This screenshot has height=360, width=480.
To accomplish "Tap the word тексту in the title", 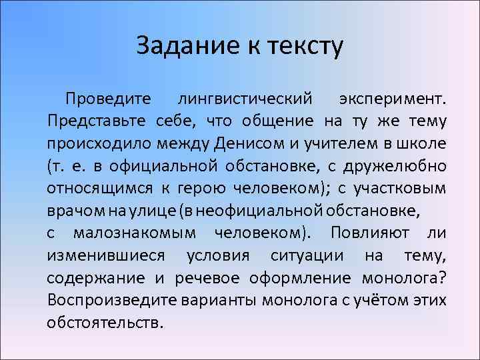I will pyautogui.click(x=305, y=47).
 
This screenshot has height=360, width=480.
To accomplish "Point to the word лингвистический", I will pyautogui.click(x=245, y=99).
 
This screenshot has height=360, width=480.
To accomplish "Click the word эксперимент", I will pyautogui.click(x=392, y=99).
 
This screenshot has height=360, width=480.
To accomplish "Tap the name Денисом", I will pyautogui.click(x=243, y=143).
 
